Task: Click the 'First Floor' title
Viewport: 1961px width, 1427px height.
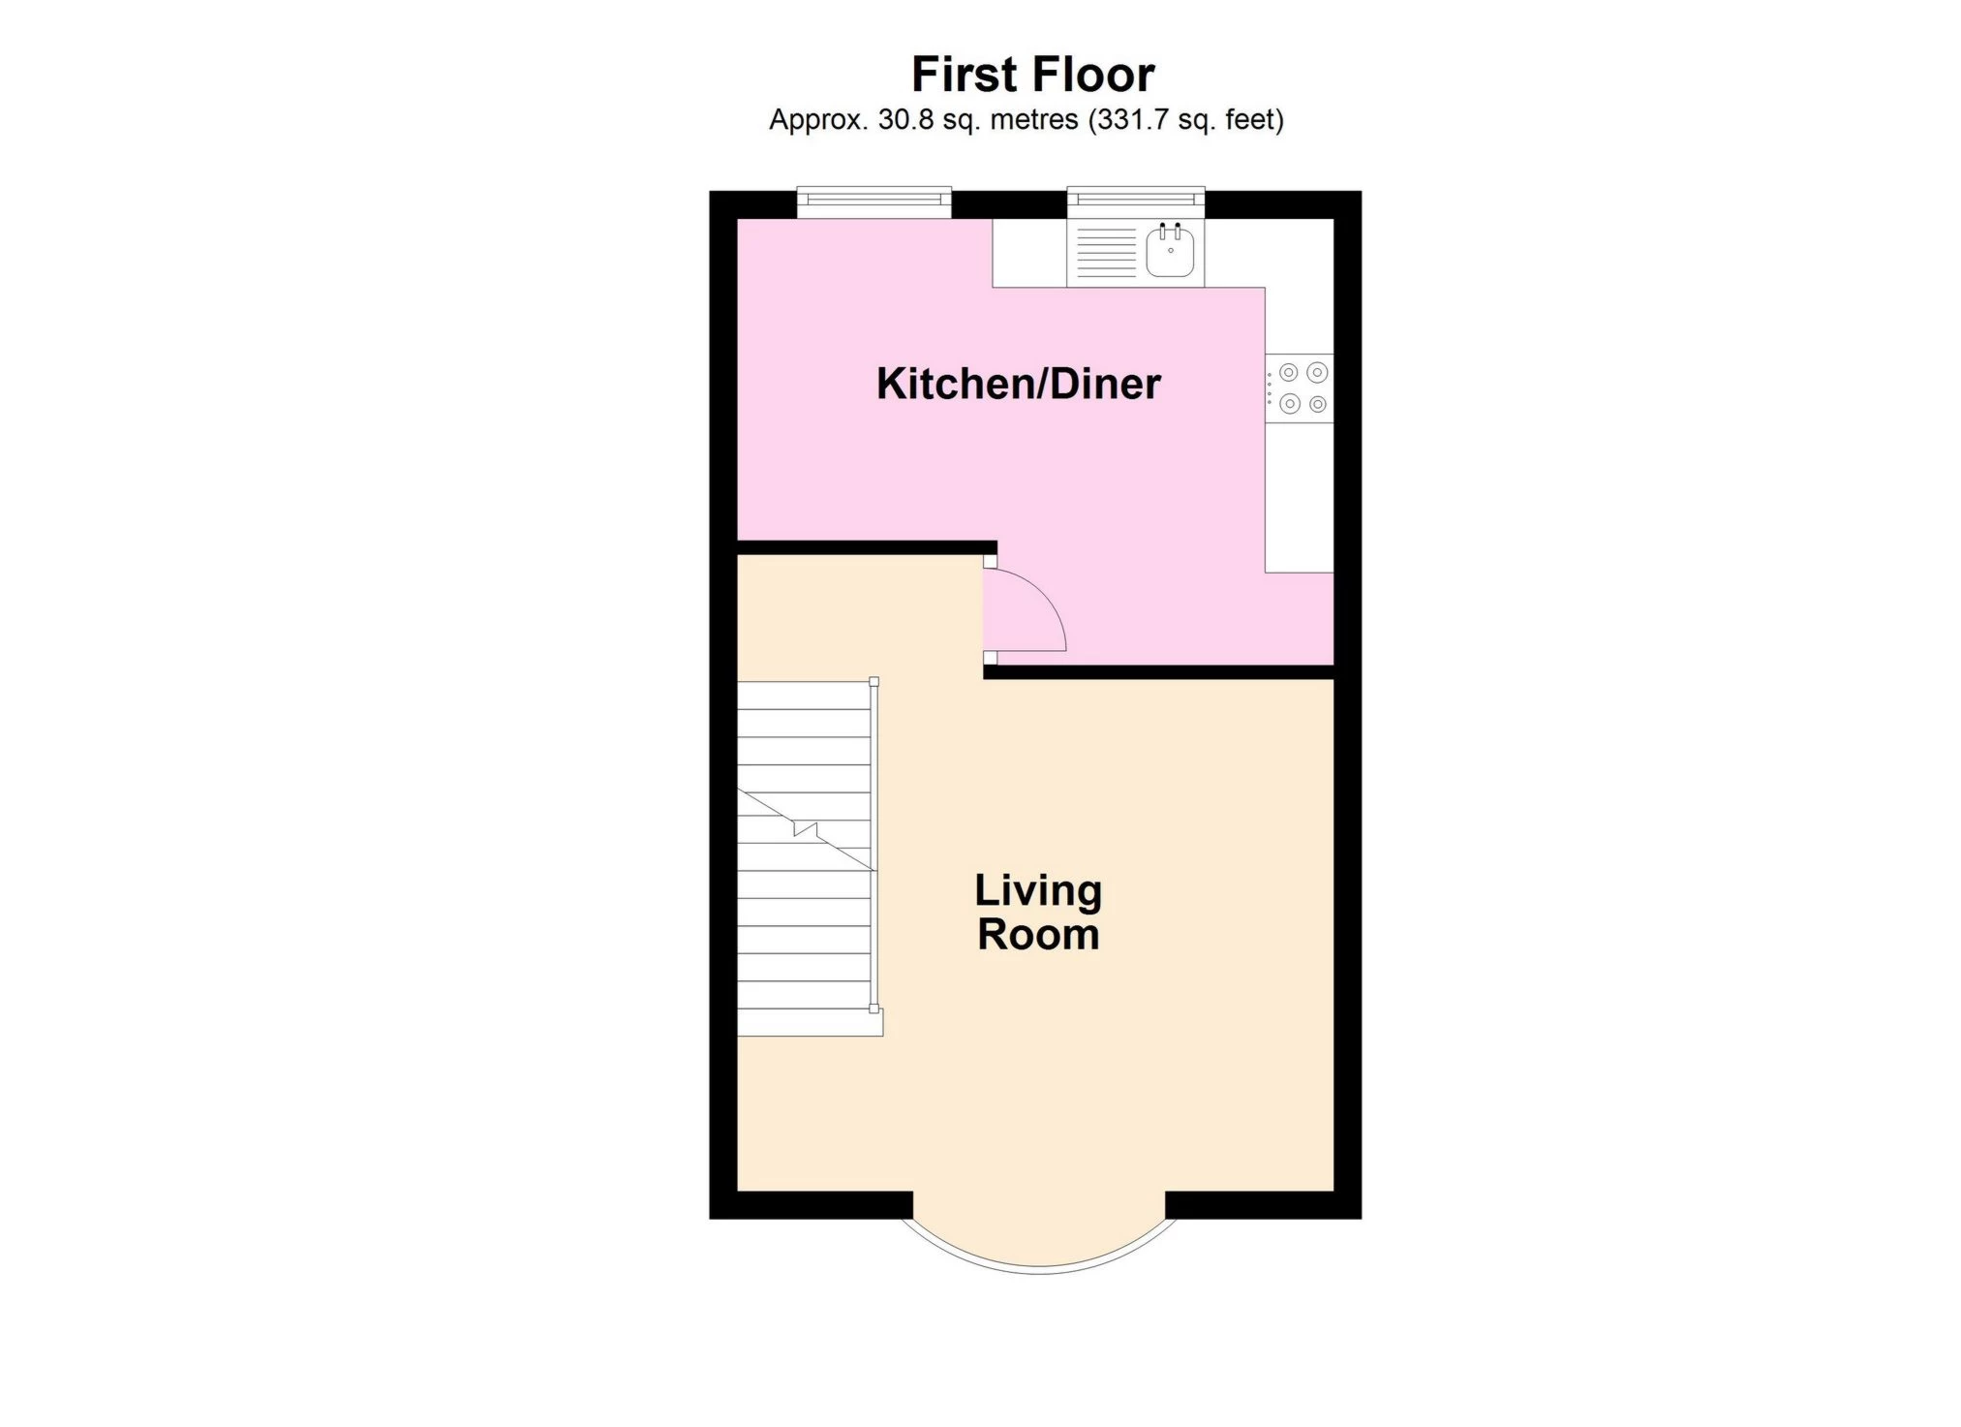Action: pos(1032,75)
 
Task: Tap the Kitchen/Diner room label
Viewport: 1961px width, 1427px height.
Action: pos(1018,384)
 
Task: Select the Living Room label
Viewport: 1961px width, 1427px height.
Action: pos(1038,913)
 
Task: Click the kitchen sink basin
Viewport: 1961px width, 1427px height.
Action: pos(1170,251)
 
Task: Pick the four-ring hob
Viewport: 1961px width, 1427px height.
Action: pos(1300,388)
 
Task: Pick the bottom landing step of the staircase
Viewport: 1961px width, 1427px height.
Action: pos(811,1023)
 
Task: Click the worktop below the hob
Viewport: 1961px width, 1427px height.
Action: pos(1300,497)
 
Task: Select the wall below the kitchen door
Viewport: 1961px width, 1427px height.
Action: pos(1159,671)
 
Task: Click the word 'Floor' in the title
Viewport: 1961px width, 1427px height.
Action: pos(1093,75)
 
